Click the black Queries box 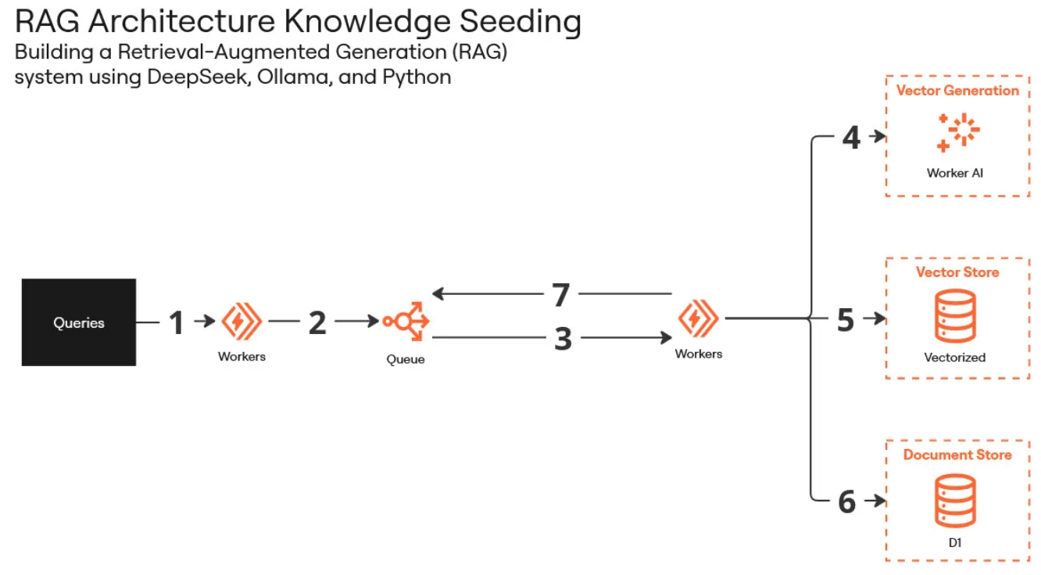click(79, 322)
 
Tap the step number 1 click(177, 322)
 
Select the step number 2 click(317, 322)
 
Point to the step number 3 click(563, 339)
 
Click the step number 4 click(851, 138)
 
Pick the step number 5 click(846, 320)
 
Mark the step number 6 click(847, 501)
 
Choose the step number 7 click(560, 295)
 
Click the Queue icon click(406, 322)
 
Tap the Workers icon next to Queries click(242, 322)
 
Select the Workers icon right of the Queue click(698, 318)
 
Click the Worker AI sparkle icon click(957, 132)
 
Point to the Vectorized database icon click(954, 316)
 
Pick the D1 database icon click(955, 501)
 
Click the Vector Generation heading click(957, 91)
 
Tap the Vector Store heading click(957, 272)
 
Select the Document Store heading click(957, 455)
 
